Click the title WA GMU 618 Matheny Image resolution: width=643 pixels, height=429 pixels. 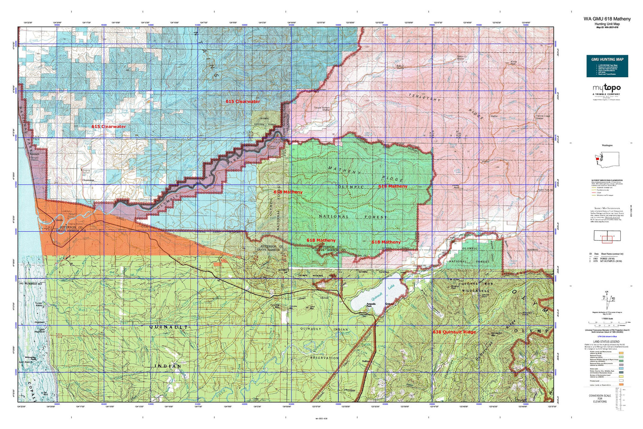607,19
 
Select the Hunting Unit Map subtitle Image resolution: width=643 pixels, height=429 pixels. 607,24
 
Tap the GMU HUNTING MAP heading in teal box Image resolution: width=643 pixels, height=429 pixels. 607,59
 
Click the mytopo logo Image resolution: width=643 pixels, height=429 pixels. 607,88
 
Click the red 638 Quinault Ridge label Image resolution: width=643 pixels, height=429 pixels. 454,332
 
